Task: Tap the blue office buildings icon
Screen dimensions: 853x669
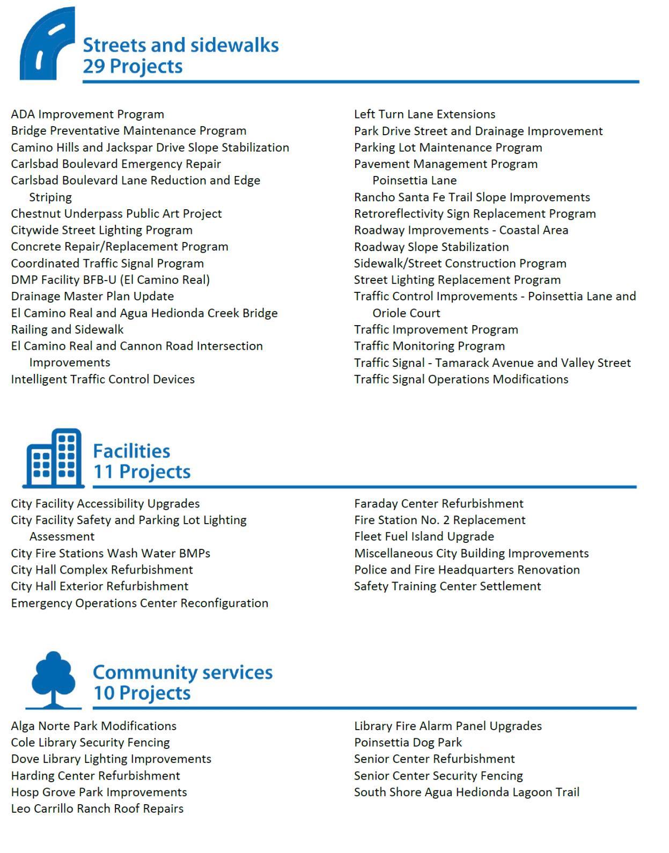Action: tap(54, 458)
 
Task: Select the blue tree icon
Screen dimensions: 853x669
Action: tap(53, 679)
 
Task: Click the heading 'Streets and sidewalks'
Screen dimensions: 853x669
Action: tap(180, 45)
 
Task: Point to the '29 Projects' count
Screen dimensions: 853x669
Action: tap(133, 67)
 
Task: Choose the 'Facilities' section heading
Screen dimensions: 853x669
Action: tap(131, 451)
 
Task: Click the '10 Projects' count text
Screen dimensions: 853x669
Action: tap(142, 693)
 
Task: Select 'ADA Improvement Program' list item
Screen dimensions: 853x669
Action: tap(87, 114)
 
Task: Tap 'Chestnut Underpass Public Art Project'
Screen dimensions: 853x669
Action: tap(116, 214)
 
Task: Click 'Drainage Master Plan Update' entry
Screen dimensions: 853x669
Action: tap(92, 296)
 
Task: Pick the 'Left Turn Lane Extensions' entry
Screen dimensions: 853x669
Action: tap(424, 114)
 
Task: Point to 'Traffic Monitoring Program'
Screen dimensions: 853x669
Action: tap(429, 346)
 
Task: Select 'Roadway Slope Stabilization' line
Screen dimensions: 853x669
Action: tap(431, 247)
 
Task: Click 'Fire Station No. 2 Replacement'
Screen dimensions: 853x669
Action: tap(439, 520)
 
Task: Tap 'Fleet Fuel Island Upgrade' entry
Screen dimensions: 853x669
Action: tap(424, 536)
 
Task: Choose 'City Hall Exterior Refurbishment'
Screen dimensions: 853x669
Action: tap(100, 586)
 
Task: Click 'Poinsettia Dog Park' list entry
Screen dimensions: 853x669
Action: tap(408, 742)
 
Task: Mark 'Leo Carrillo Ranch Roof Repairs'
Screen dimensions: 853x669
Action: tap(97, 808)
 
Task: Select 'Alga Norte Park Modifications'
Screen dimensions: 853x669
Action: tap(94, 726)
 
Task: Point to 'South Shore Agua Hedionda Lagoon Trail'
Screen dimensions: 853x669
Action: tap(467, 792)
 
